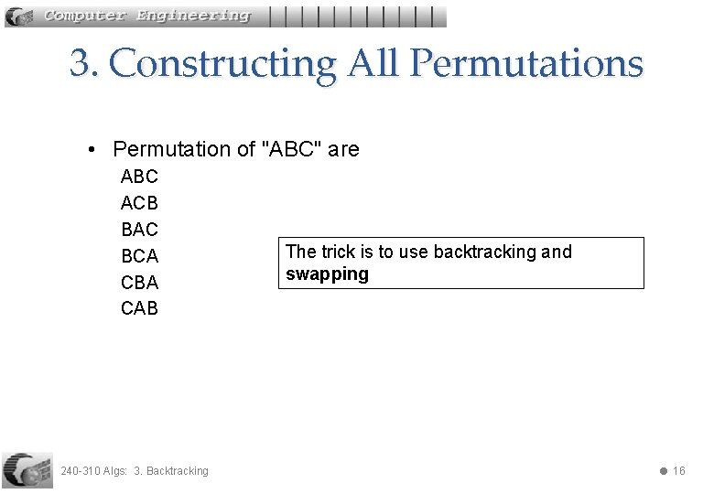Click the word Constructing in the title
click(x=222, y=63)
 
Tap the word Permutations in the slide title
click(x=526, y=63)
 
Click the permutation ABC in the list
click(x=139, y=177)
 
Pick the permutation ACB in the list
click(x=139, y=203)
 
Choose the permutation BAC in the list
click(x=139, y=230)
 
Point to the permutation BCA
click(x=139, y=256)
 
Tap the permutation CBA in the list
click(x=139, y=282)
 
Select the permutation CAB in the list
click(x=139, y=308)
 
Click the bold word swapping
click(x=327, y=274)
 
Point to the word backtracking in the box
click(x=484, y=252)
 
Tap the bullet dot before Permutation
click(x=92, y=149)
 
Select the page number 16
click(x=678, y=471)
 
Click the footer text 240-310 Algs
click(x=93, y=471)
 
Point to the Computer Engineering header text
click(x=146, y=16)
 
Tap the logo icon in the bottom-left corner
click(x=27, y=470)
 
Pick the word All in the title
click(x=373, y=63)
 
